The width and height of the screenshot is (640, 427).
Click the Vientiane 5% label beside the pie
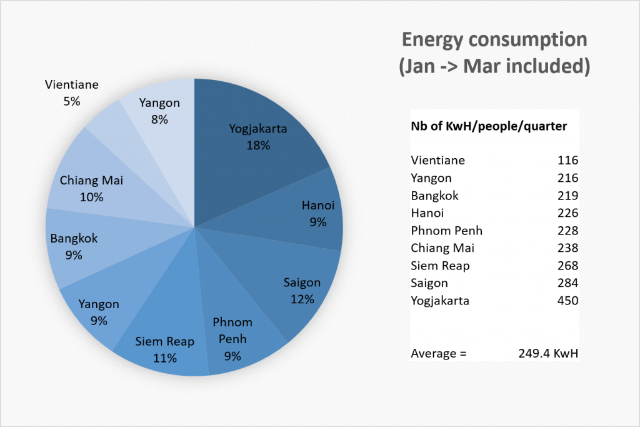coord(72,93)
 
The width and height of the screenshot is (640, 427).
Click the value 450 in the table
coord(567,301)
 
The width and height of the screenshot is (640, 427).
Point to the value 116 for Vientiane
coord(567,160)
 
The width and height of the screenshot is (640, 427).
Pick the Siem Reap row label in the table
coord(440,266)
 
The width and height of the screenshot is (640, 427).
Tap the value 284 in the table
coord(567,283)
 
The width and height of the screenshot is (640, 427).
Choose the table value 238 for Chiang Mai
coord(567,248)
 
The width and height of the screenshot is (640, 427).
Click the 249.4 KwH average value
coord(548,353)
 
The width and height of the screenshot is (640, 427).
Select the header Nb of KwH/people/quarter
coord(489,126)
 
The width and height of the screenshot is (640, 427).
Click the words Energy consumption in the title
coord(494,39)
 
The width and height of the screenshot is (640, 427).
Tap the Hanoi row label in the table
coord(427,213)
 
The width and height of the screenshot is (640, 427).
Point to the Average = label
coord(438,353)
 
